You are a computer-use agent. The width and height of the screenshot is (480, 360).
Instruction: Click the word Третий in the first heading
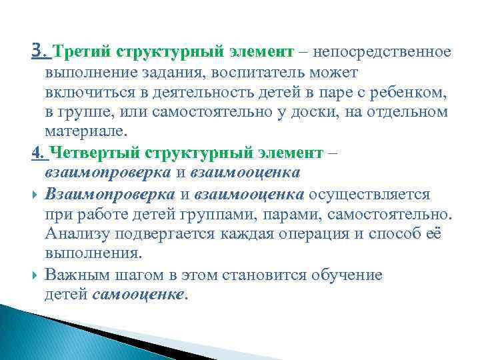pos(81,51)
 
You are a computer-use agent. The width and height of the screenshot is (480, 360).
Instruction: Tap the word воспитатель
pos(272,71)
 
